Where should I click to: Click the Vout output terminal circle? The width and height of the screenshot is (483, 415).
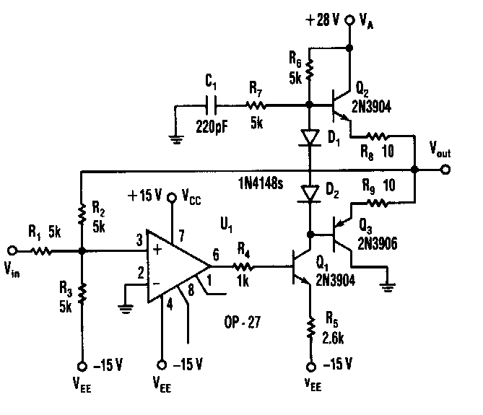point(445,170)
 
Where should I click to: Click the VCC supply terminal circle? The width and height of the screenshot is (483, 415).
point(172,197)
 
